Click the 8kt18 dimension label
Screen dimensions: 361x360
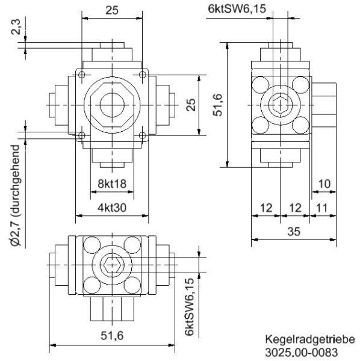pos(111,184)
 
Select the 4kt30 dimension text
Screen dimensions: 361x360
pos(111,208)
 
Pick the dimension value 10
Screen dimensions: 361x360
pos(323,184)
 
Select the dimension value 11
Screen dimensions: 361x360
pos(323,208)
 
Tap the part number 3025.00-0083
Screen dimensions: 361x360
pos(302,353)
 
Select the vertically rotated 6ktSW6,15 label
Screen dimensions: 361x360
pos(190,307)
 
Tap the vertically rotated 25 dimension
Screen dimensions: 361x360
pos(191,105)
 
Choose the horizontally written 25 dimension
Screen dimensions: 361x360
pos(111,9)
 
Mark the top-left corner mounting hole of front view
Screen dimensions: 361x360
pos(81,74)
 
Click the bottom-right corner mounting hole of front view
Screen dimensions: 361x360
pos(142,135)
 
